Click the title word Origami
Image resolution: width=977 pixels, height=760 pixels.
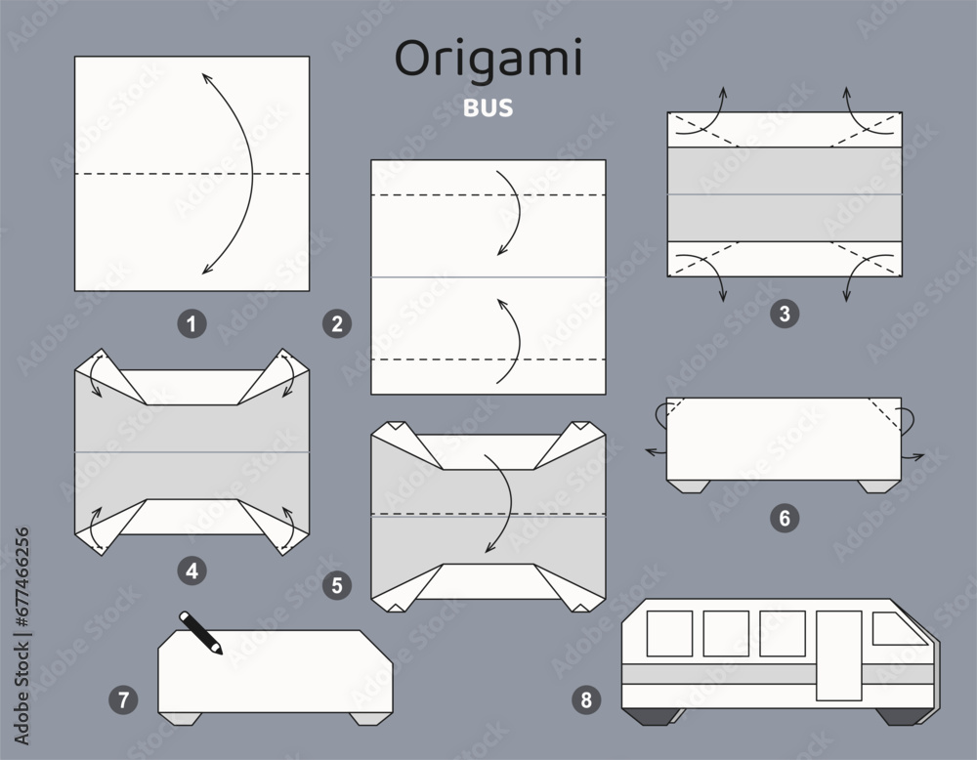pos(488,61)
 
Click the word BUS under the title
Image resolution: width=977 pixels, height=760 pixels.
pos(488,106)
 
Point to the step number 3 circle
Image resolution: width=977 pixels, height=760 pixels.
pos(781,313)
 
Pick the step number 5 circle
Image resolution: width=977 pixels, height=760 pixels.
pos(337,586)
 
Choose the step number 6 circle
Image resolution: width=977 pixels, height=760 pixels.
pos(782,519)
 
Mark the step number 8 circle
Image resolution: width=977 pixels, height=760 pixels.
pos(585,699)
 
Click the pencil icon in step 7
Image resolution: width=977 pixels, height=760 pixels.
pos(201,632)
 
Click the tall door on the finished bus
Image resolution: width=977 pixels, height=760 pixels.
pos(836,654)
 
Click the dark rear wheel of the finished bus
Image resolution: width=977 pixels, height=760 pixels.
pos(651,717)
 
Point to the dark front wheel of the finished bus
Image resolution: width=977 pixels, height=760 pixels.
pos(895,717)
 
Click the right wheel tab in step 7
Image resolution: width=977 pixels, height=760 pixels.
pos(366,719)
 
